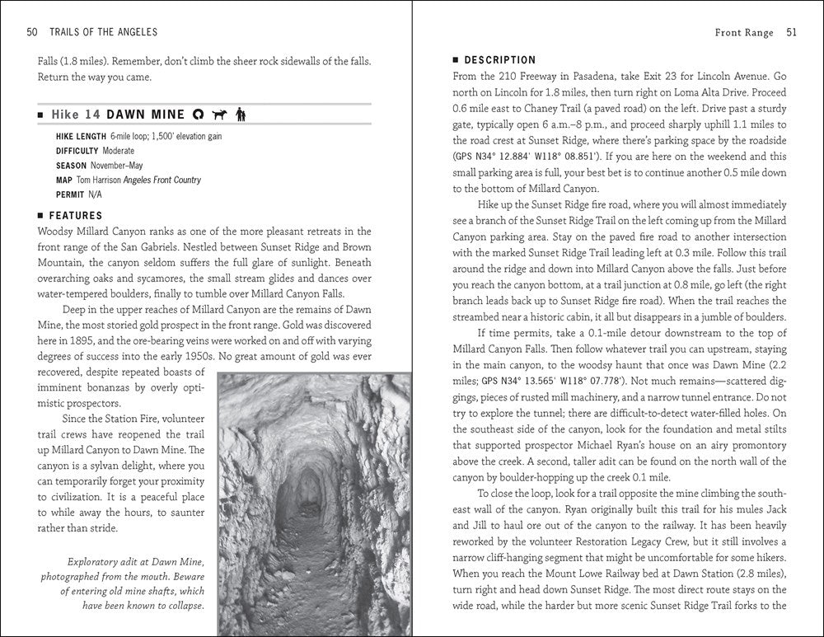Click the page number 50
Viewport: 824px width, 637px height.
pos(32,32)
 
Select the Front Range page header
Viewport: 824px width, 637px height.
pos(744,33)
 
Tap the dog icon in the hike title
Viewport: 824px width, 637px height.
pos(218,114)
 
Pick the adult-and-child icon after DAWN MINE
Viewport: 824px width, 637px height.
pos(240,114)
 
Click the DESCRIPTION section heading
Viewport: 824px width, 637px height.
pos(500,60)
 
